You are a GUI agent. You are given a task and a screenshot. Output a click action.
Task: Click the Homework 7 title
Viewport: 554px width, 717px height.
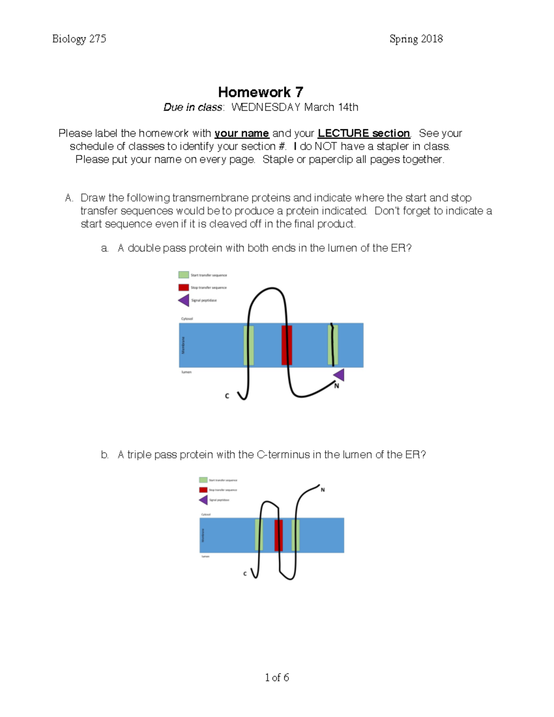[260, 92]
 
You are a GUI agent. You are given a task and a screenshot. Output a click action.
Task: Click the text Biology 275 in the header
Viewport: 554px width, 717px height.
[79, 39]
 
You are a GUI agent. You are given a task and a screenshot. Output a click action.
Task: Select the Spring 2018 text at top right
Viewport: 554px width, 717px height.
[416, 39]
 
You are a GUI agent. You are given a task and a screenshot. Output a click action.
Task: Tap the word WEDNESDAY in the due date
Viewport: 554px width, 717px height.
[266, 108]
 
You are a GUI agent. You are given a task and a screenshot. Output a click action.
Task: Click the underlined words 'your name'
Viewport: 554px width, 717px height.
[241, 133]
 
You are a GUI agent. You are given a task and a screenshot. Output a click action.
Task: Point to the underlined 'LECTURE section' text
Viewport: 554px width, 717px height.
[364, 133]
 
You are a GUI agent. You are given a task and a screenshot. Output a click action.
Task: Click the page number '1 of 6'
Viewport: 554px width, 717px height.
[277, 677]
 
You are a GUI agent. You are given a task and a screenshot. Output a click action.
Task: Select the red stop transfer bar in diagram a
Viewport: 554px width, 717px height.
[287, 345]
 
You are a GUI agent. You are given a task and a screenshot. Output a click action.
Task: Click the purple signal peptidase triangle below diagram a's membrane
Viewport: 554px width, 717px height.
[339, 374]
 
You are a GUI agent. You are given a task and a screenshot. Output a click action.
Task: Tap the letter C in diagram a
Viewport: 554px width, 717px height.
[227, 396]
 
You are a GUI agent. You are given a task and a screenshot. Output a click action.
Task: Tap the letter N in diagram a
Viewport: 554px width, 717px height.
[337, 386]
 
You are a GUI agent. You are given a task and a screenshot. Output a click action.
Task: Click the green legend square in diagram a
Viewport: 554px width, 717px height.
[183, 275]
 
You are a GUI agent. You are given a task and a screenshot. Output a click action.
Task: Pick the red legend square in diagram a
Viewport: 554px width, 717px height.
[183, 287]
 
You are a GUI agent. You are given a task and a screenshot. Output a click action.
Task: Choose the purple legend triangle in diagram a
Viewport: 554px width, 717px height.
[184, 300]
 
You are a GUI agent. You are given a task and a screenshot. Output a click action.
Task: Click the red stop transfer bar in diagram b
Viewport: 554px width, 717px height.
[278, 535]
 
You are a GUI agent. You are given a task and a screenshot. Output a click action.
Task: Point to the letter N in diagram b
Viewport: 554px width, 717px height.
[323, 490]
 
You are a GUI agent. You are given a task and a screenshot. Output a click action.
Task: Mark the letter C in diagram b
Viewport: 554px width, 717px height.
[245, 574]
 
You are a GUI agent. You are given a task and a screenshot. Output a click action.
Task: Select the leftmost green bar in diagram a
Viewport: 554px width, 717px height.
[248, 345]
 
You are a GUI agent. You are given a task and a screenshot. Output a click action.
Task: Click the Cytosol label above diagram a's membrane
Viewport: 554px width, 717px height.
[187, 319]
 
